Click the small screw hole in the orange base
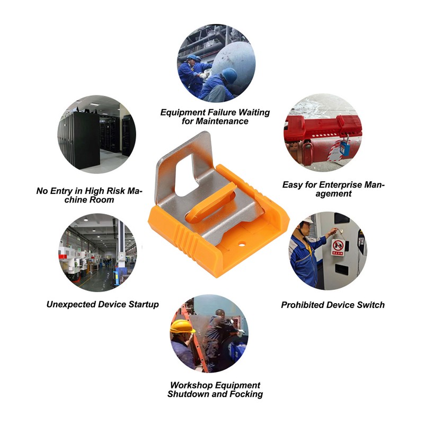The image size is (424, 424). click(x=242, y=245)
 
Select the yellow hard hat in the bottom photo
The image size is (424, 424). click(x=182, y=326)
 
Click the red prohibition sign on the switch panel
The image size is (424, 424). click(x=338, y=247)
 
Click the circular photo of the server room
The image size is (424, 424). click(x=97, y=135)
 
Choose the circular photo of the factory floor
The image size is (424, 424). click(x=98, y=253)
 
